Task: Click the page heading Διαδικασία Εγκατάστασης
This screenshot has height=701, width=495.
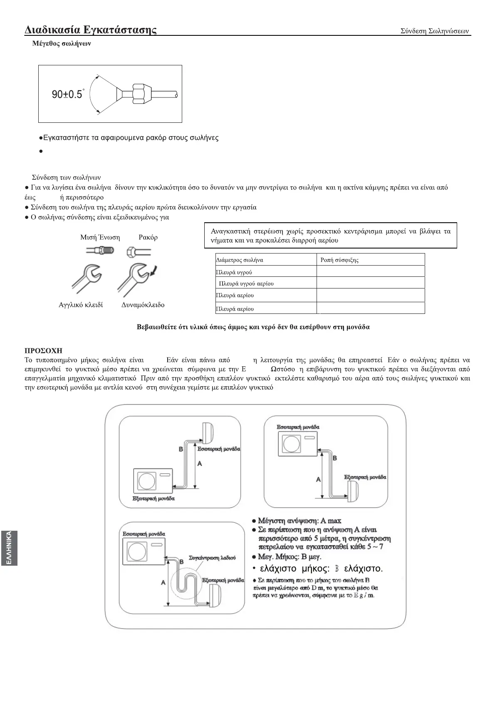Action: point(91,30)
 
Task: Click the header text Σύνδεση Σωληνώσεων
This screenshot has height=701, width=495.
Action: point(434,31)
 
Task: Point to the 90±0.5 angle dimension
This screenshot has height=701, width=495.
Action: point(67,94)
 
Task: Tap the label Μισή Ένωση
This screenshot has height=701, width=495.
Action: point(100,237)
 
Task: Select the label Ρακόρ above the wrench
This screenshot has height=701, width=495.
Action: point(148,237)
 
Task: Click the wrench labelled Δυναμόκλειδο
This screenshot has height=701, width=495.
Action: point(134,279)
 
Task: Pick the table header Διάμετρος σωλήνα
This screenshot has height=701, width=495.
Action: point(240,260)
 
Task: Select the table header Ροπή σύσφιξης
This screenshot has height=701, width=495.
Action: point(339,260)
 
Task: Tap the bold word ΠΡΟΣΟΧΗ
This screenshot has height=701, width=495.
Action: point(44,351)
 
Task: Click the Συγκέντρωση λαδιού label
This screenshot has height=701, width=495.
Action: point(212,557)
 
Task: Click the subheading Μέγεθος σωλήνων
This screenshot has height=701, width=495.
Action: point(62,43)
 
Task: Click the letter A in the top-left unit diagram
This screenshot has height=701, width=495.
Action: point(200,463)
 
